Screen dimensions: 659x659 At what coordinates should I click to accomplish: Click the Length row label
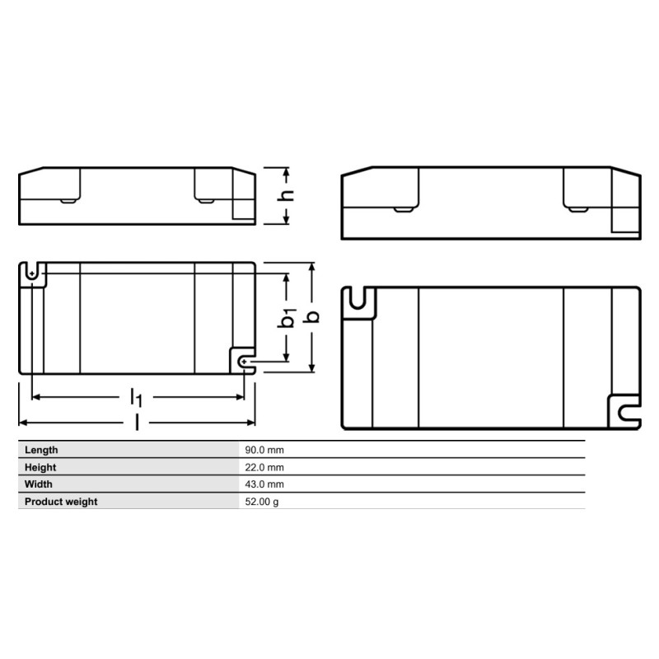pos(41,450)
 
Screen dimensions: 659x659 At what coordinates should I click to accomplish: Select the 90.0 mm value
pos(264,450)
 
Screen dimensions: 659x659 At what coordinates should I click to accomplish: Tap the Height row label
pos(40,467)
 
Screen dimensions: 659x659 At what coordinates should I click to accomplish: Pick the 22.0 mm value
pos(264,467)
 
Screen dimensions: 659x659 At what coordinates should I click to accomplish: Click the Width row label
pos(38,484)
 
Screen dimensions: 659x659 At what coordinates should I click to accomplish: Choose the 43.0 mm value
pos(264,484)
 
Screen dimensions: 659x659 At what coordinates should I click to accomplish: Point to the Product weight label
pos(61,502)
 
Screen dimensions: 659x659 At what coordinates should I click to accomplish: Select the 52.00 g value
pos(262,502)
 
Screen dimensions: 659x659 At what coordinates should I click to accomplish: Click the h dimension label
pos(285,196)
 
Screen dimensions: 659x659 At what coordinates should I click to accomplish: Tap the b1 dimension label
pos(287,318)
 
